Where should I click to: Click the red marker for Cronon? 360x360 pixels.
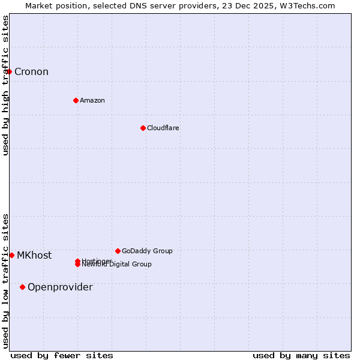(x=9, y=71)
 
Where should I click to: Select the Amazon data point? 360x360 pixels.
(x=76, y=100)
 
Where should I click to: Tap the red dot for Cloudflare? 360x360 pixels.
(x=143, y=128)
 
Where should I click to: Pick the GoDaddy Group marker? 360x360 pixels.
(x=118, y=251)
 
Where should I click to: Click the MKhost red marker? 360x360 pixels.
(x=11, y=255)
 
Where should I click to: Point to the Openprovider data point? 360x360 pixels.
(x=22, y=287)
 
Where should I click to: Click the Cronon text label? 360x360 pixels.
(x=31, y=72)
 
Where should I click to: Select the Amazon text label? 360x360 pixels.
(x=92, y=100)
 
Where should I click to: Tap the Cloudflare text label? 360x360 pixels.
(x=163, y=128)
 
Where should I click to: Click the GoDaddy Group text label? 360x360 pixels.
(x=147, y=251)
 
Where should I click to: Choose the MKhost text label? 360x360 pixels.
(x=34, y=255)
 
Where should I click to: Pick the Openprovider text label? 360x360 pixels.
(x=60, y=287)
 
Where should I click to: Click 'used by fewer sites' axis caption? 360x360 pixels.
(x=62, y=355)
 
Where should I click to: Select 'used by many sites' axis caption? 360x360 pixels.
(x=301, y=355)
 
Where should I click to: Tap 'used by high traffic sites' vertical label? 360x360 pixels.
(x=5, y=85)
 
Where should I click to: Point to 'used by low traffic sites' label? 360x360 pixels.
(x=5, y=281)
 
